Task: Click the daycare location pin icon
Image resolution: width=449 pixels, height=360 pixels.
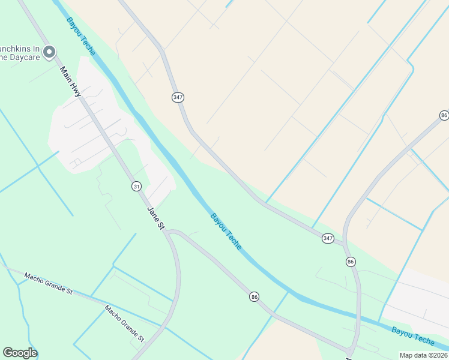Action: tap(49, 52)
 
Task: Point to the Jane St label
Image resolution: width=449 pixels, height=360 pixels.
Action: tap(155, 217)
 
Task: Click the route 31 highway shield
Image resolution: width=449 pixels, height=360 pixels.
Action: tap(137, 187)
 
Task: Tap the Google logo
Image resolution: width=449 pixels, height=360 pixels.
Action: tap(20, 353)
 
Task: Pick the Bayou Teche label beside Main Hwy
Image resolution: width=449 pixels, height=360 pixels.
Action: tap(81, 37)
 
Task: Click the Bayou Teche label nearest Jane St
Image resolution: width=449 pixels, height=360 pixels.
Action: tap(226, 231)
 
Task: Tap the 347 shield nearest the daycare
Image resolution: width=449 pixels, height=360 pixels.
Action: tap(178, 97)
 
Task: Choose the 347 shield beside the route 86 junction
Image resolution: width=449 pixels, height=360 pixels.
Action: tap(327, 238)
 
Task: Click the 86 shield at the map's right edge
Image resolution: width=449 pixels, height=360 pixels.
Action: tap(444, 115)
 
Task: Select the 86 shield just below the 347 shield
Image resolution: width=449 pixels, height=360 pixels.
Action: tap(351, 262)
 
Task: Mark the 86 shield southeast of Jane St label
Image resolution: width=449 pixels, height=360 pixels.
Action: tap(255, 296)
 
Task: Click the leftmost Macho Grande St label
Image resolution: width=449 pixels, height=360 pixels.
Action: tap(48, 284)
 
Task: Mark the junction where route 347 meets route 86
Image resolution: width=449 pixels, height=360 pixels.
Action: tap(345, 243)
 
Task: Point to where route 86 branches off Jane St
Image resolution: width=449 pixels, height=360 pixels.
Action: tap(169, 232)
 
